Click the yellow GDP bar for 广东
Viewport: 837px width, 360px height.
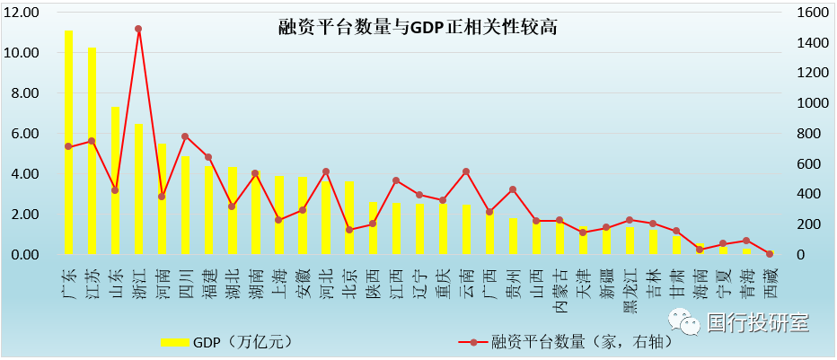tap(68, 144)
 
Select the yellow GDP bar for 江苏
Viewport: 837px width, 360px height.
tap(92, 153)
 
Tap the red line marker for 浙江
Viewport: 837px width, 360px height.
tap(138, 29)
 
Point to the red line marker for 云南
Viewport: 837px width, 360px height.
tap(465, 171)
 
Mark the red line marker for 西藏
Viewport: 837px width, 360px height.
tap(769, 254)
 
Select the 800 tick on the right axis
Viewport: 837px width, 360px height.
tap(805, 134)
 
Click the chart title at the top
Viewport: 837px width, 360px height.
tap(418, 28)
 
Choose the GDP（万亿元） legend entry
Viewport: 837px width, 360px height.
tap(230, 341)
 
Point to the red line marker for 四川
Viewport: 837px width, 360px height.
tap(185, 136)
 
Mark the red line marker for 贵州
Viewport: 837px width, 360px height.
tap(512, 189)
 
